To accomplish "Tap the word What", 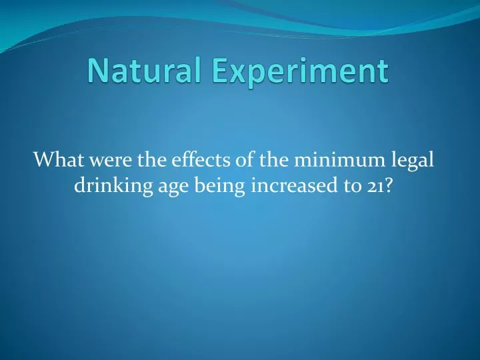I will coord(56,160).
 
